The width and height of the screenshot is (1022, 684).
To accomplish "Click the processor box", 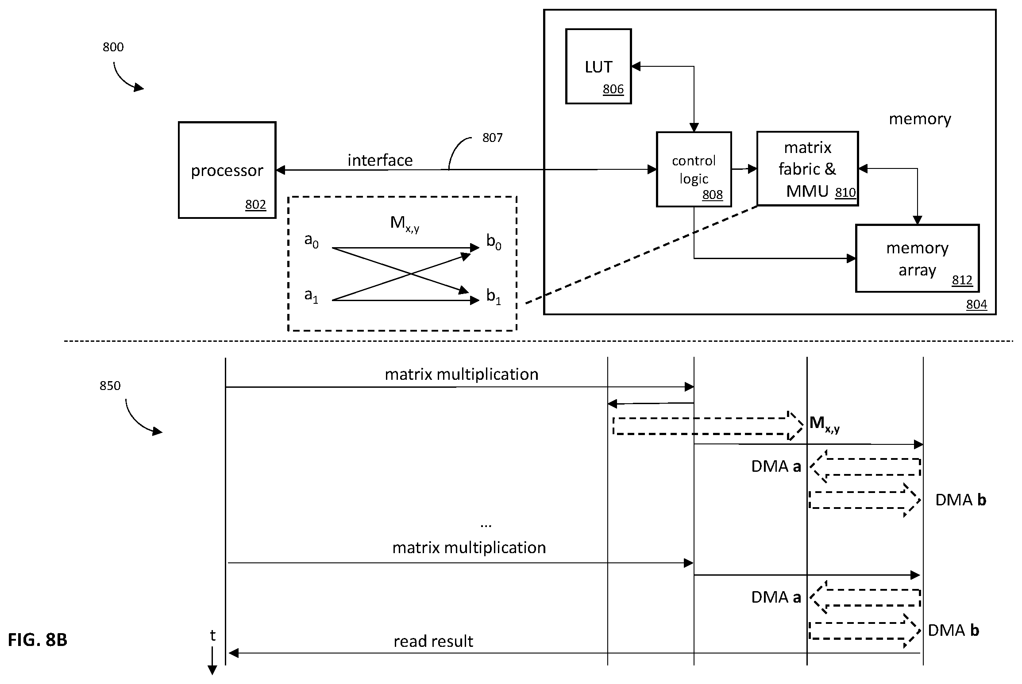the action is click(227, 170).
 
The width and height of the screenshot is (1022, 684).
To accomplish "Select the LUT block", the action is click(598, 66).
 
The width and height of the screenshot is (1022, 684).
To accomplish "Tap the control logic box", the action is click(694, 169).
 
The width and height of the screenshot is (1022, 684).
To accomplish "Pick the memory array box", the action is click(917, 259).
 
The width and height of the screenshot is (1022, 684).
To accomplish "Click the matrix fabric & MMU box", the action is click(807, 169).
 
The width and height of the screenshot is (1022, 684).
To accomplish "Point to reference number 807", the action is click(492, 138).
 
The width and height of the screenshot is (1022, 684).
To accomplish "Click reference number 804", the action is click(976, 305).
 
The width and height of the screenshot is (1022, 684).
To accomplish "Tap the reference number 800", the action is click(113, 47).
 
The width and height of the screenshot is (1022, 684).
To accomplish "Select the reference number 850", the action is click(110, 386).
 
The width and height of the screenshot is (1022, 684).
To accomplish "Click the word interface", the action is click(380, 160).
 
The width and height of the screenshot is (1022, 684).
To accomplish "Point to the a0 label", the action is click(311, 241).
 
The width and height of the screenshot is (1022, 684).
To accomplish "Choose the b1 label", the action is click(494, 296).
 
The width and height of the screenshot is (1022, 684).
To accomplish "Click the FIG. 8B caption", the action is click(38, 640).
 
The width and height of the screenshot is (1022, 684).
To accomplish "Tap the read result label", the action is click(433, 641).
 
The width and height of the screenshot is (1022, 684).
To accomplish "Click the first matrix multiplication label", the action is click(462, 374).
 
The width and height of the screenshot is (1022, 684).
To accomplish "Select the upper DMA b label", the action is click(960, 500).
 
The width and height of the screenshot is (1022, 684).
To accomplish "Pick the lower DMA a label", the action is click(776, 597).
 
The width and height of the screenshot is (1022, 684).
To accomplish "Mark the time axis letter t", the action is click(212, 636).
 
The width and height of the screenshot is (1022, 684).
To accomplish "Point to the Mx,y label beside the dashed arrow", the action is click(825, 424).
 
